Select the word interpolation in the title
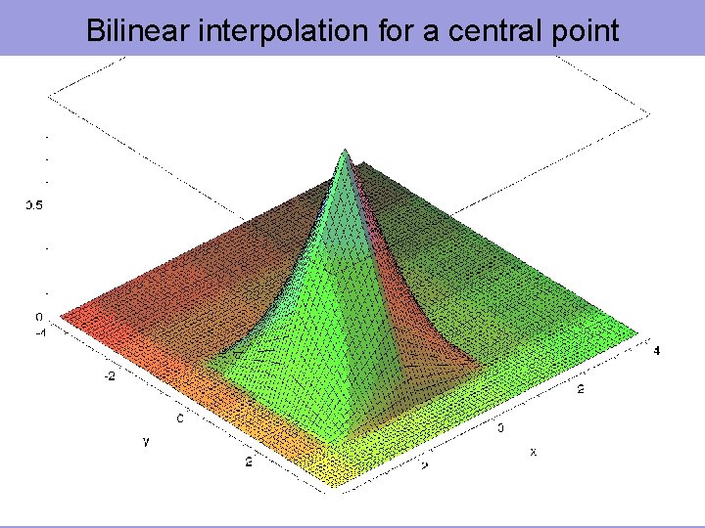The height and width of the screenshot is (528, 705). pos(266,30)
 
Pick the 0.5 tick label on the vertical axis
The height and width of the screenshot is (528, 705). pos(34,205)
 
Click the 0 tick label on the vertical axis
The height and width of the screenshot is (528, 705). pos(39,317)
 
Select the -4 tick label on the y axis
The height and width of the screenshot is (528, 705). pos(41,331)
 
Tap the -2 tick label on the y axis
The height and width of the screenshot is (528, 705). pos(110,375)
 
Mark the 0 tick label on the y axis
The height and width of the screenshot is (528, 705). pos(179,418)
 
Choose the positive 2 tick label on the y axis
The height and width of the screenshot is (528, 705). pos(249,462)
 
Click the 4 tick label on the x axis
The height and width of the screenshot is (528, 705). pos(657,350)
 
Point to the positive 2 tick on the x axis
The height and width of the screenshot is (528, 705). pos(581,389)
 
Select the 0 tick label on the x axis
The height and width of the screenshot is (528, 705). pos(501,427)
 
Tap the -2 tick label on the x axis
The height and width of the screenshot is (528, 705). pos(424,465)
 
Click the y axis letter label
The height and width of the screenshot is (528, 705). pos(146,442)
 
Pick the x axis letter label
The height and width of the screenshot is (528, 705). pos(533,452)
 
